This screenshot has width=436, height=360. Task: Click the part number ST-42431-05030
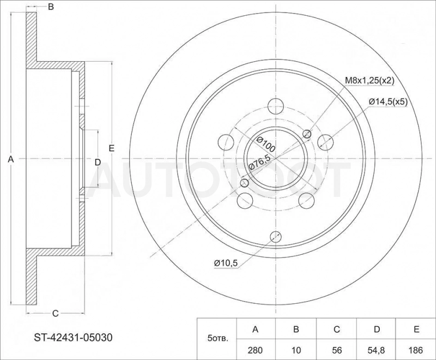click(x=73, y=338)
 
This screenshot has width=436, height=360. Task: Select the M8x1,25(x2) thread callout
click(x=370, y=81)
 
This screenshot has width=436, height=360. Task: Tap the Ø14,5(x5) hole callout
click(x=388, y=102)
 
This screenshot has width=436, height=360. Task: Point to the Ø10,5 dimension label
click(x=226, y=262)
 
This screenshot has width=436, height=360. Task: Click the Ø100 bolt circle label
click(x=265, y=144)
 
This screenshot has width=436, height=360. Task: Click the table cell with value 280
click(x=255, y=350)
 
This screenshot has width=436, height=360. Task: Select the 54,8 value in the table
click(x=377, y=350)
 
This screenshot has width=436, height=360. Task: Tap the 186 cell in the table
click(x=416, y=350)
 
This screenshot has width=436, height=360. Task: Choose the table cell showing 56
click(x=337, y=350)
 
